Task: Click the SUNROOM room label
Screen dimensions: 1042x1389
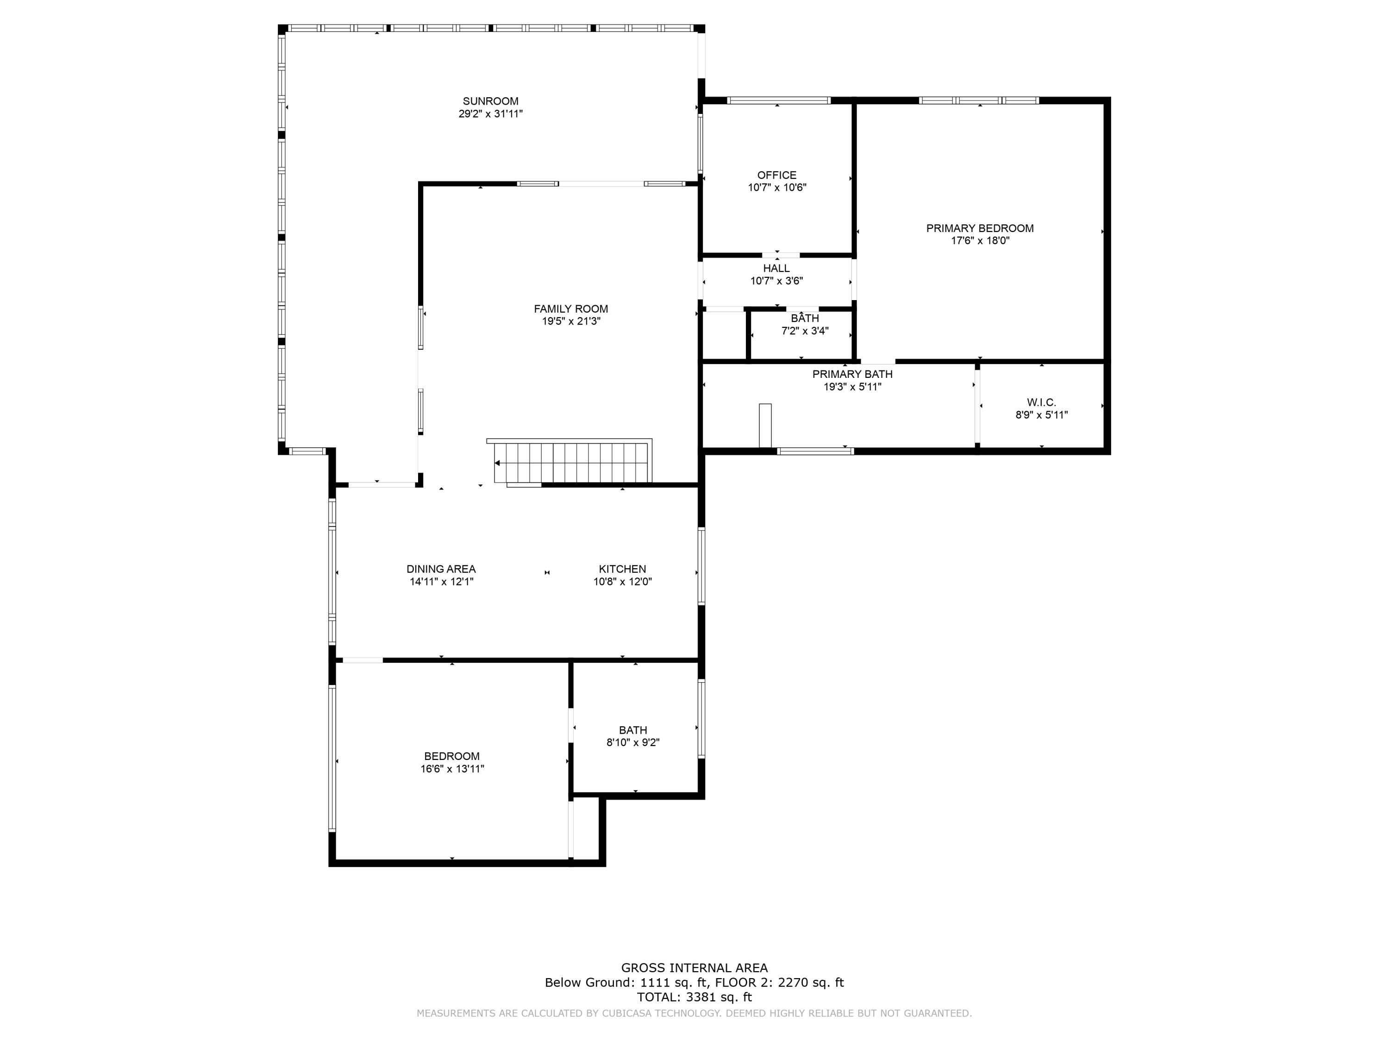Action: point(490,101)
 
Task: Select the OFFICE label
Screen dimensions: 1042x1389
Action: point(777,175)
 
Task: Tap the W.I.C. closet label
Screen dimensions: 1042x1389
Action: point(1041,402)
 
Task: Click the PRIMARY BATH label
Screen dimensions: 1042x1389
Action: point(852,374)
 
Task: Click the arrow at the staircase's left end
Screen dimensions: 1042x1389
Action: point(497,464)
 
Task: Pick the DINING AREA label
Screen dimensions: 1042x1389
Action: point(441,569)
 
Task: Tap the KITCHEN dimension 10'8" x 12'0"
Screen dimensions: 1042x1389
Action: point(622,582)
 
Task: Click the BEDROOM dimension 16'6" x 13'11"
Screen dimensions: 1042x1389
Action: point(452,769)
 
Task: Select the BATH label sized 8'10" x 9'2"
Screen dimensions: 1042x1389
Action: point(632,730)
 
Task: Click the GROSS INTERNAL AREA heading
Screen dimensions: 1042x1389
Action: point(694,968)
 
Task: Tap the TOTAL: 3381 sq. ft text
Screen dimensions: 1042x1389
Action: point(694,997)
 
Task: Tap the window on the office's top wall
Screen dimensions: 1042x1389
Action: point(778,100)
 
